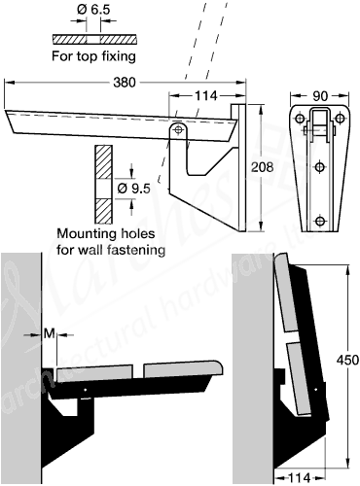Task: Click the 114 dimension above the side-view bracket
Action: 204,95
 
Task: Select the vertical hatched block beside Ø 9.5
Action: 102,185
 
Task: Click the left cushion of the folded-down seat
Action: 97,371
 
